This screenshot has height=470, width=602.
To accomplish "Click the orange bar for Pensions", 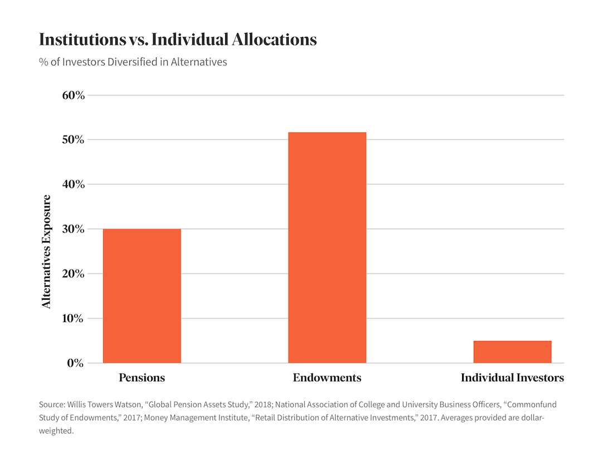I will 142,296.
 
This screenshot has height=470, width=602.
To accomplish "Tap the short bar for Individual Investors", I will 512,352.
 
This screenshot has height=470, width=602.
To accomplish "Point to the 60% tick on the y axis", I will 73,95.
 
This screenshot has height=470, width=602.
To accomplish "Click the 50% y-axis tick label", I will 73,140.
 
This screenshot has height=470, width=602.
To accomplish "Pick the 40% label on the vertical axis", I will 73,184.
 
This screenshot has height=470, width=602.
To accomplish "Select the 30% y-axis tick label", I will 73,229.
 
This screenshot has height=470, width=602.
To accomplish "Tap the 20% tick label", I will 73,274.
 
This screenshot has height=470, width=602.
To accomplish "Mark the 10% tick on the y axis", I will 73,318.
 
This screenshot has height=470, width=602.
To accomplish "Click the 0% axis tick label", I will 76,363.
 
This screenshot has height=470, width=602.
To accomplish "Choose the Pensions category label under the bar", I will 142,378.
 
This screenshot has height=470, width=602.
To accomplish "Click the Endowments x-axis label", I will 327,378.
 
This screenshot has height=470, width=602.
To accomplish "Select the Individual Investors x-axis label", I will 512,378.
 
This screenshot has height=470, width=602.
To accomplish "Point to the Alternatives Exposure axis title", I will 47,251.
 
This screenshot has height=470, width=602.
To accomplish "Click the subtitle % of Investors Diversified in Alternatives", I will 133,62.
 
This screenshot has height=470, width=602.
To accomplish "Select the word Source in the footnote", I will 51,404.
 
